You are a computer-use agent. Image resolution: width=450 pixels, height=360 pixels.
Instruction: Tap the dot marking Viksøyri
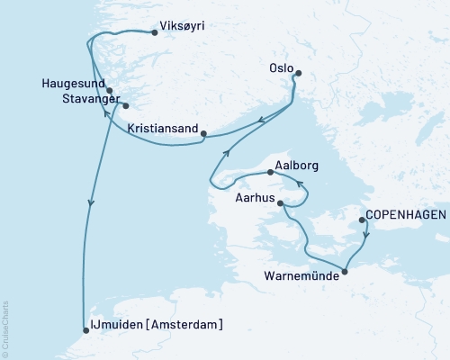(x=155, y=33)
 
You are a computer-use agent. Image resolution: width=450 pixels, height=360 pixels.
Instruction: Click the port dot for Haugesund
(x=109, y=91)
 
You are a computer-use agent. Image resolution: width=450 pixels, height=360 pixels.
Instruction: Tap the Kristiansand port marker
(x=204, y=135)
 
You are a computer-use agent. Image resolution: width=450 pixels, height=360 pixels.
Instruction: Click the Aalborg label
(x=299, y=166)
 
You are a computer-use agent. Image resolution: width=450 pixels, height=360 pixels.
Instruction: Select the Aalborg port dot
(x=271, y=171)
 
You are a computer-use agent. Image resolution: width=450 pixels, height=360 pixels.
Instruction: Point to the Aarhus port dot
(x=282, y=203)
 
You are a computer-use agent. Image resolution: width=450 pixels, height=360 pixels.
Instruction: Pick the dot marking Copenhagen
(x=362, y=220)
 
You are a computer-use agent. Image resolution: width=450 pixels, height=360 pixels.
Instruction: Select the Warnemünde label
(x=303, y=276)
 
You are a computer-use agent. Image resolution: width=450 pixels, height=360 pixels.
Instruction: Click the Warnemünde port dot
(x=346, y=266)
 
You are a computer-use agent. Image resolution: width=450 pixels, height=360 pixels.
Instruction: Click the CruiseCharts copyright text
(x=5, y=328)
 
